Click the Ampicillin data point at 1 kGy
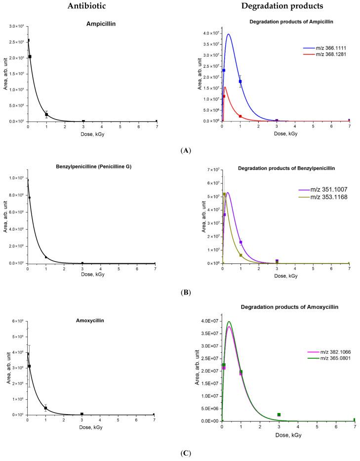46,115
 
